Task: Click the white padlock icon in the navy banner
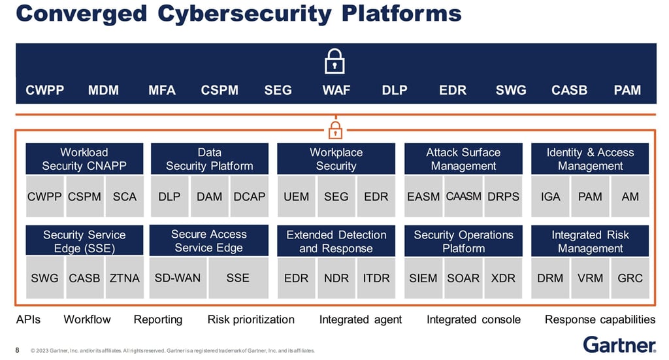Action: tap(334, 61)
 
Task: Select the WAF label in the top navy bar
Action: tap(336, 91)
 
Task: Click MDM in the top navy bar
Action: tap(103, 91)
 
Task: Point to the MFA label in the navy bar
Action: tap(162, 91)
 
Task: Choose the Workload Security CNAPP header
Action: tap(84, 159)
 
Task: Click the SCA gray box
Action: tap(124, 196)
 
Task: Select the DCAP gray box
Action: tap(249, 196)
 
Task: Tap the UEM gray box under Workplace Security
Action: tap(296, 196)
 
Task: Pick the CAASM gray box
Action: tap(463, 196)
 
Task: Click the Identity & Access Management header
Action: tap(590, 159)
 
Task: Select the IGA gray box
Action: tap(550, 196)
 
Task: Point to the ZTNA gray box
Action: tap(124, 278)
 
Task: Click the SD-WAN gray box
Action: tap(178, 278)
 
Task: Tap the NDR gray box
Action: tap(336, 278)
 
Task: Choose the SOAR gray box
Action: tap(463, 278)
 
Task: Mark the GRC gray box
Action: tap(630, 278)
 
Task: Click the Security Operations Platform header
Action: tap(463, 241)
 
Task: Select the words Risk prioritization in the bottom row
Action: tap(251, 319)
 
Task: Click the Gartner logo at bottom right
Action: tap(619, 344)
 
